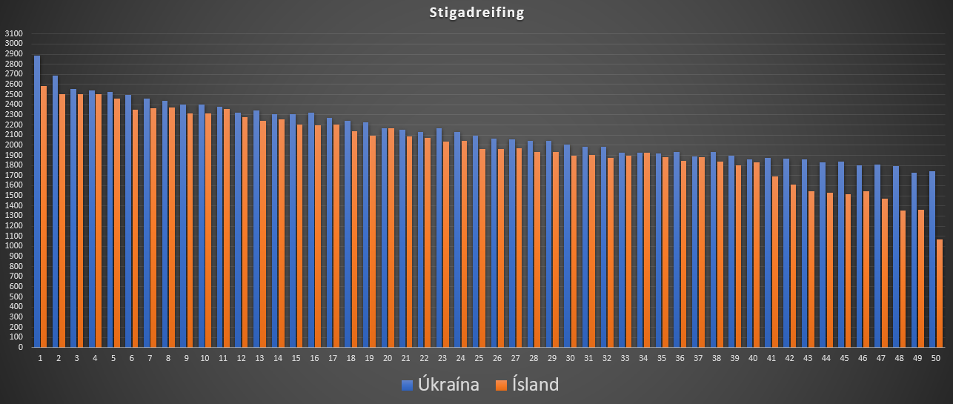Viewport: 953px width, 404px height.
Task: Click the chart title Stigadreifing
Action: (476, 13)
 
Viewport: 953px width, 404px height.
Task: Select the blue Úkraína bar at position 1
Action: (37, 201)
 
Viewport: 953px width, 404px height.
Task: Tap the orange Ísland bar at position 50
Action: (939, 293)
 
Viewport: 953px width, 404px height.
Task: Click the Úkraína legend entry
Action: (440, 385)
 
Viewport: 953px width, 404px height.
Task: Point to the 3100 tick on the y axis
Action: (13, 34)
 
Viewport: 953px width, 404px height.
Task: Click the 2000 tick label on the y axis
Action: (13, 145)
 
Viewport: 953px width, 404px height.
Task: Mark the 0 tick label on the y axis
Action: (21, 347)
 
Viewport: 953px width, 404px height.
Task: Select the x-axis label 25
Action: (479, 358)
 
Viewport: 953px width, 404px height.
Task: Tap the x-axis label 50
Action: (936, 358)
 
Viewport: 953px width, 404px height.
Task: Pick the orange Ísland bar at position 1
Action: (44, 216)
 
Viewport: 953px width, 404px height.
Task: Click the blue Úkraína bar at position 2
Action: (56, 211)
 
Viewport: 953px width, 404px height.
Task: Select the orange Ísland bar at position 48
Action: (903, 279)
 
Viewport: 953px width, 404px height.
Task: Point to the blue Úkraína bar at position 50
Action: (932, 259)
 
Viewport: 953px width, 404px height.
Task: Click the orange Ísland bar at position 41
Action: (774, 261)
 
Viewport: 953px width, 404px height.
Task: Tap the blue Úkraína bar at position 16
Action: (311, 230)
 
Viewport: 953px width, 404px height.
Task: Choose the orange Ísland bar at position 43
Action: (811, 269)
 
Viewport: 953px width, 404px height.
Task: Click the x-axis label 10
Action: (205, 358)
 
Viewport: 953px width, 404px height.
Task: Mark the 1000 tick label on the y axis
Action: (13, 246)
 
